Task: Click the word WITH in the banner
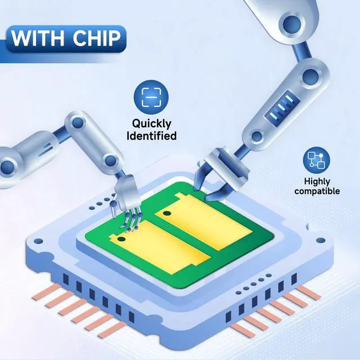[x=38, y=38]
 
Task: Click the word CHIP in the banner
[x=97, y=38]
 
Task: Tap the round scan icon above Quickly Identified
[x=151, y=97]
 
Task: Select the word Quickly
[x=151, y=124]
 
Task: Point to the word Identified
[x=151, y=136]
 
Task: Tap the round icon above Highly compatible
[x=316, y=160]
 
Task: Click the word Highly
[x=317, y=182]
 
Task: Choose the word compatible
[x=317, y=191]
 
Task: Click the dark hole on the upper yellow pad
[x=167, y=214]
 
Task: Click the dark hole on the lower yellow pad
[x=121, y=239]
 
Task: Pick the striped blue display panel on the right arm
[x=282, y=109]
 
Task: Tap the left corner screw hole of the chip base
[x=38, y=241]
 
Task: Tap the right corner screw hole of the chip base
[x=321, y=241]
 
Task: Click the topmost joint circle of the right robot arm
[x=291, y=24]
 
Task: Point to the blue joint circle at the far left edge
[x=7, y=166]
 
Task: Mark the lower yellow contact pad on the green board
[x=160, y=247]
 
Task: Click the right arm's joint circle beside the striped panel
[x=310, y=77]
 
